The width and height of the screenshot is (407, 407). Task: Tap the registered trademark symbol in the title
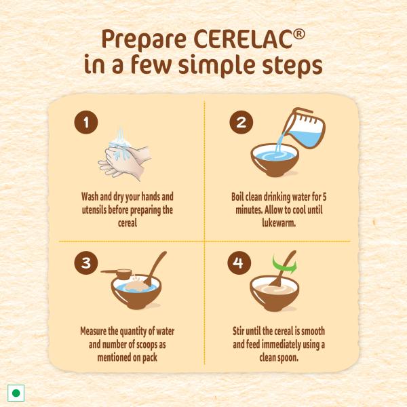pyautogui.click(x=299, y=35)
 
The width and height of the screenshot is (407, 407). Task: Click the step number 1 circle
pyautogui.click(x=86, y=122)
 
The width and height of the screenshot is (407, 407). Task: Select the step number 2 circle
pyautogui.click(x=241, y=122)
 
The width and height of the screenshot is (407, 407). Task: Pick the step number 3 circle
pyautogui.click(x=86, y=263)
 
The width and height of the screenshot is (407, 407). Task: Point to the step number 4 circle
pyautogui.click(x=239, y=263)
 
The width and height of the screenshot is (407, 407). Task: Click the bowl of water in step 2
pyautogui.click(x=275, y=160)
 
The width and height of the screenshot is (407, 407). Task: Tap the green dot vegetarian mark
pyautogui.click(x=16, y=393)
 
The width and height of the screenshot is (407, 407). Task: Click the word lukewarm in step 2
pyautogui.click(x=279, y=223)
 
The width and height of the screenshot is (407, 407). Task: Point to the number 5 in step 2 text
pyautogui.click(x=324, y=197)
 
